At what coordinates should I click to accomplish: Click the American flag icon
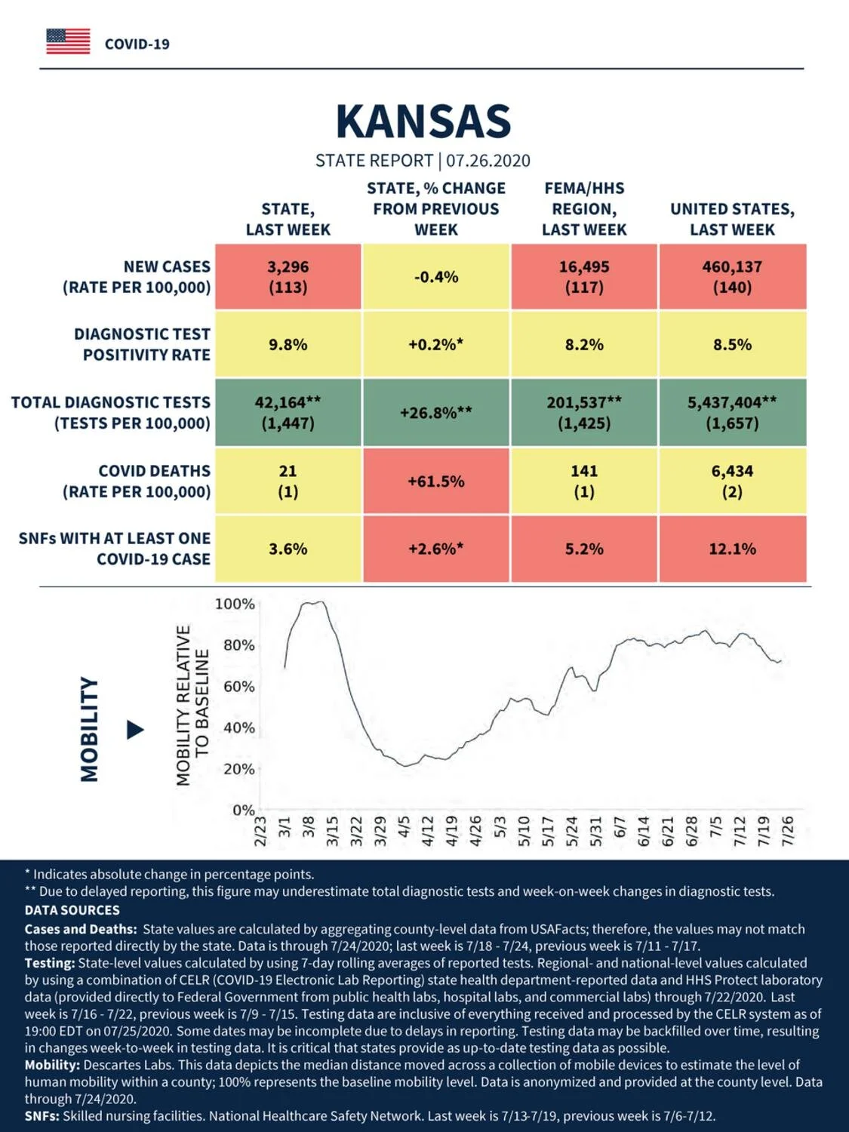point(68,42)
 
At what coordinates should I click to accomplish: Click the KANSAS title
point(423,122)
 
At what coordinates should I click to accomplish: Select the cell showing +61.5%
point(436,481)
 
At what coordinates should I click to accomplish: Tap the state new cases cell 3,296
point(288,276)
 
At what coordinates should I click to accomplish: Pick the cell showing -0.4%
point(436,276)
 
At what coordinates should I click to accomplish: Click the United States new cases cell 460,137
point(733,276)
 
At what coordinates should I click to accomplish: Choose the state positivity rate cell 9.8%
point(288,344)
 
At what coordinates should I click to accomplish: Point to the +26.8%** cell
point(436,413)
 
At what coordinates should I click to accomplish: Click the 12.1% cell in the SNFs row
point(733,549)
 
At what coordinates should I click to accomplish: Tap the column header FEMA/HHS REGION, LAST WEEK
point(584,209)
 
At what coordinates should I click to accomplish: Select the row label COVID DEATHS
point(154,471)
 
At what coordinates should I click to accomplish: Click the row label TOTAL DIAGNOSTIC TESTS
point(111,402)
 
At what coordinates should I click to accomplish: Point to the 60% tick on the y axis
point(239,687)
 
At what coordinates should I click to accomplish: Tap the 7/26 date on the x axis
point(787,831)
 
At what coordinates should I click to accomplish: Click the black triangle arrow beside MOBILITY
point(135,730)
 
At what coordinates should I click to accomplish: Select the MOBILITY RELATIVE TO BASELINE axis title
point(192,705)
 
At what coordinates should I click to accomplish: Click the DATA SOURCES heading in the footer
point(72,909)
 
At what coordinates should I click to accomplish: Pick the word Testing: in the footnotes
point(50,963)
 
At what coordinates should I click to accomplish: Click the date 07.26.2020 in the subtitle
point(488,161)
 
